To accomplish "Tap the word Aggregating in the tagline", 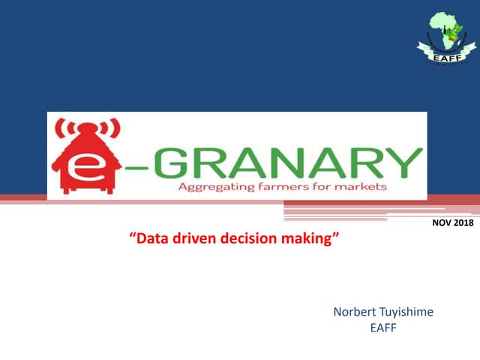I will (212, 186).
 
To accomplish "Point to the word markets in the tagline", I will (359, 186).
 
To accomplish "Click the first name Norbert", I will (352, 312).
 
